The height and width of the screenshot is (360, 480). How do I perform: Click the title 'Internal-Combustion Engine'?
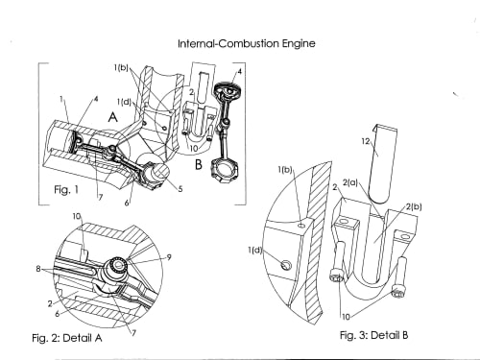point(247,43)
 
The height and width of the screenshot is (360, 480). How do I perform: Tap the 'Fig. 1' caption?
point(66,190)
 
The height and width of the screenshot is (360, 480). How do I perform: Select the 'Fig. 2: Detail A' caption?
point(67,338)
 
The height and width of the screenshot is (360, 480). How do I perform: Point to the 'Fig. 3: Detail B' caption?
point(374,335)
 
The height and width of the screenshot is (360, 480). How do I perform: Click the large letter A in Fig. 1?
point(112,117)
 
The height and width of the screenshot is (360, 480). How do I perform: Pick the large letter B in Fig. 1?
point(199,164)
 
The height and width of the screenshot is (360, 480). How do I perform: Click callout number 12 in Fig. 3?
point(366,141)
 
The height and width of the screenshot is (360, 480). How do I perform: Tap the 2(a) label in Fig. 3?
point(350,183)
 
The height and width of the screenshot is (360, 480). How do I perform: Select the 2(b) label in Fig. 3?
point(414,207)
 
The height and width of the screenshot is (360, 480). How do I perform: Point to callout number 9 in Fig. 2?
point(169,257)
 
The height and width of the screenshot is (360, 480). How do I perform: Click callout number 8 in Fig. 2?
point(38,269)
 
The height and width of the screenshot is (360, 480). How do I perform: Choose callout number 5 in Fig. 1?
point(180,189)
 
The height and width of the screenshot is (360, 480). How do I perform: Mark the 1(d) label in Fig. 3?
point(255,250)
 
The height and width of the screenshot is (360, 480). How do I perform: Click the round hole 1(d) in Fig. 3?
point(286,264)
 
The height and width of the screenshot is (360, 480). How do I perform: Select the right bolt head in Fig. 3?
point(397,293)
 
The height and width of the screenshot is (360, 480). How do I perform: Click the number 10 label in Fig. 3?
point(346,317)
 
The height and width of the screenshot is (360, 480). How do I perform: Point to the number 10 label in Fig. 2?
point(77,216)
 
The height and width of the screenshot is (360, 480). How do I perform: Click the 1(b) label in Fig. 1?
point(121,67)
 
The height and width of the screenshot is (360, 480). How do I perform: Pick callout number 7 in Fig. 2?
point(133,333)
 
